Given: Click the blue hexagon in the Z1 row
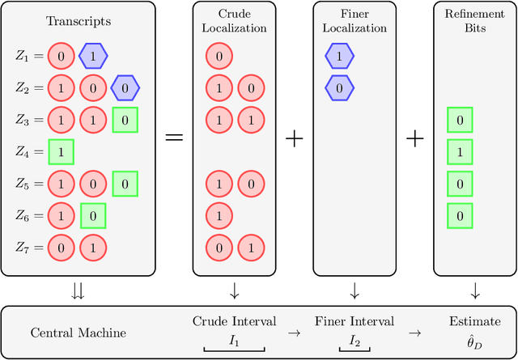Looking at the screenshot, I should (93, 57).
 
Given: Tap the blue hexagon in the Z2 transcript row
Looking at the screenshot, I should (125, 88).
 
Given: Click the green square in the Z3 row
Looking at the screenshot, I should (125, 120).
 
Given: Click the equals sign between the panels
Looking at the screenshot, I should (175, 138).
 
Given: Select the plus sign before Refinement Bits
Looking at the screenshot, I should (414, 138).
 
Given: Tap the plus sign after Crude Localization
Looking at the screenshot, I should (295, 138).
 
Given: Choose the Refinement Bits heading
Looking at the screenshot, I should (475, 20).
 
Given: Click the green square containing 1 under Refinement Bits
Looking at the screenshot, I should (460, 151).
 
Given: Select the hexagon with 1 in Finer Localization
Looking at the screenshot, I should (339, 57).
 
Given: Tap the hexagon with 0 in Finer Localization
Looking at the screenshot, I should (339, 88).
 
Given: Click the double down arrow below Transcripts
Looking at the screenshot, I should (77, 290).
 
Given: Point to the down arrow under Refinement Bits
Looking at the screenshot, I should (475, 290).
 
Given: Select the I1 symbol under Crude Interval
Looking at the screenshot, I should (234, 341).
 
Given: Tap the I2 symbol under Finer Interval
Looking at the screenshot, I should (355, 341).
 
